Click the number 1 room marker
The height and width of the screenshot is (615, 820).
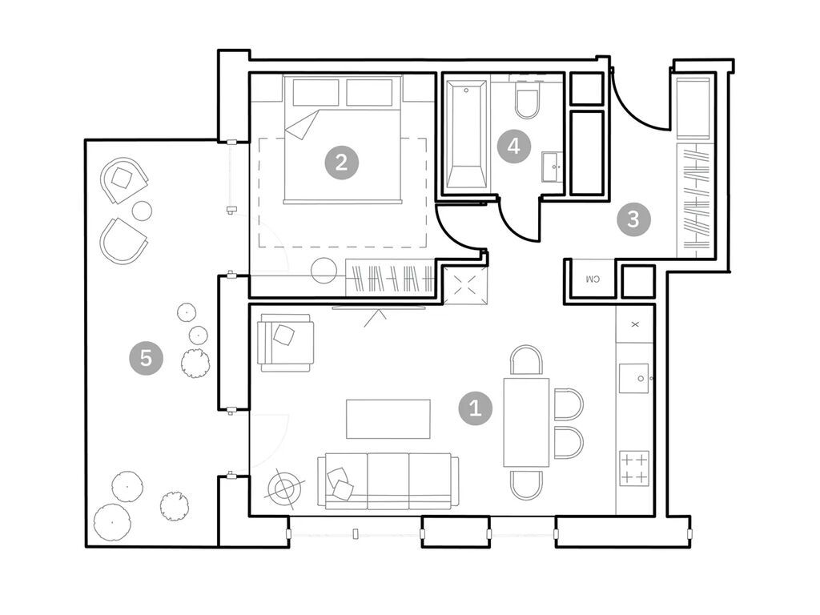coord(475,408)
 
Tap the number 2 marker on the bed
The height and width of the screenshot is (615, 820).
coord(341,163)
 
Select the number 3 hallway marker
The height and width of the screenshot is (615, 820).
coord(633,219)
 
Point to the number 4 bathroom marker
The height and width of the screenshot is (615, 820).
coord(514,147)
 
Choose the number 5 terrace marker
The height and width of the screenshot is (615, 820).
coord(146,357)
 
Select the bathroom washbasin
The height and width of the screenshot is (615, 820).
coord(553,167)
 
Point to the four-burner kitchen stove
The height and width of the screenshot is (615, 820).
coord(634,468)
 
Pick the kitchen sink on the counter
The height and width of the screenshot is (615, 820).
coord(634,378)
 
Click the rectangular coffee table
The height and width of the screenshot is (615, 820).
coord(388,419)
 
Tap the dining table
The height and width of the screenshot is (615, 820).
coord(526,422)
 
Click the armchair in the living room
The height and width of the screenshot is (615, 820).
coord(284,342)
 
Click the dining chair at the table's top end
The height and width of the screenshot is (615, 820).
coord(526,360)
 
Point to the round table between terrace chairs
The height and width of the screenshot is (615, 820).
coord(142,211)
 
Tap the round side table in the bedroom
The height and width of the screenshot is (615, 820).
coord(324,271)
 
